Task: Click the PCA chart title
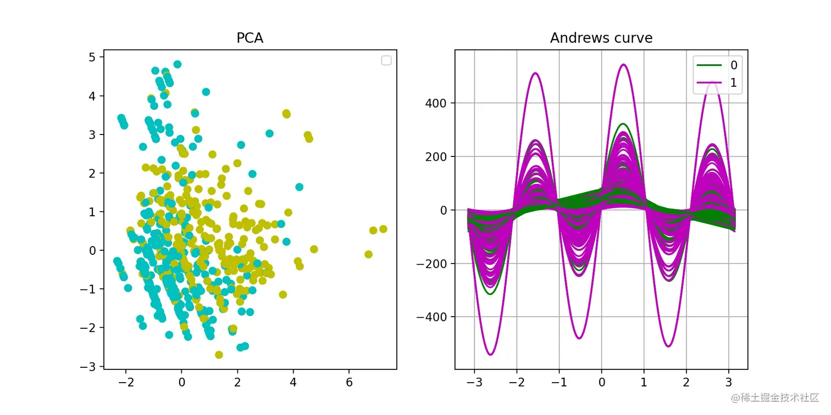click(x=250, y=38)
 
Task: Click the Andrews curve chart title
click(x=601, y=38)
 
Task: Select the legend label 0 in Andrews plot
click(x=734, y=65)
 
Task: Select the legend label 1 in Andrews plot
click(x=734, y=83)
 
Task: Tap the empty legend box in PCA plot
click(x=386, y=60)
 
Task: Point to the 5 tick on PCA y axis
click(x=92, y=57)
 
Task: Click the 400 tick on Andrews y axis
click(x=437, y=103)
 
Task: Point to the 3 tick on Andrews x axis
click(x=728, y=382)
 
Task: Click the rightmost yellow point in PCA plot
click(x=383, y=229)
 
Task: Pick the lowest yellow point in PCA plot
click(x=219, y=355)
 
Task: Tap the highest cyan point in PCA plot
click(x=177, y=64)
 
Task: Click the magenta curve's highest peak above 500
click(x=623, y=64)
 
